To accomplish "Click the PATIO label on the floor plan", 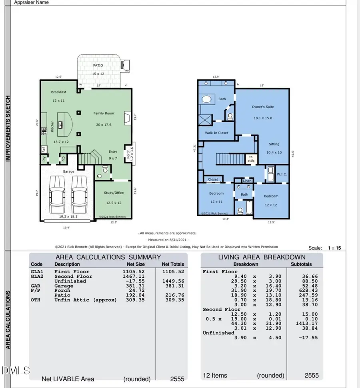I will (x=98, y=65).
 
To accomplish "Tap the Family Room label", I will (x=104, y=113).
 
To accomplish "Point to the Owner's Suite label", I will (x=263, y=107).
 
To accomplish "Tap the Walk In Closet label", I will (x=216, y=133).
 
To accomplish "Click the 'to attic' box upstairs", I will (x=250, y=159).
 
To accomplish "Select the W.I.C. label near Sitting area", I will (x=282, y=174).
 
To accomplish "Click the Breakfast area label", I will (x=58, y=92).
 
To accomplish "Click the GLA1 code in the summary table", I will (x=37, y=272).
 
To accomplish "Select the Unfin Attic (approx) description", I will (x=85, y=300).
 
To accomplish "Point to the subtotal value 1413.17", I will (x=307, y=323).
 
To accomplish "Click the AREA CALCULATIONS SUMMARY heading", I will (x=108, y=257).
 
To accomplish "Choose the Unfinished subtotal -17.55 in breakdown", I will (x=308, y=338).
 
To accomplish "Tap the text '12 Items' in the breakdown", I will (x=215, y=375).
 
